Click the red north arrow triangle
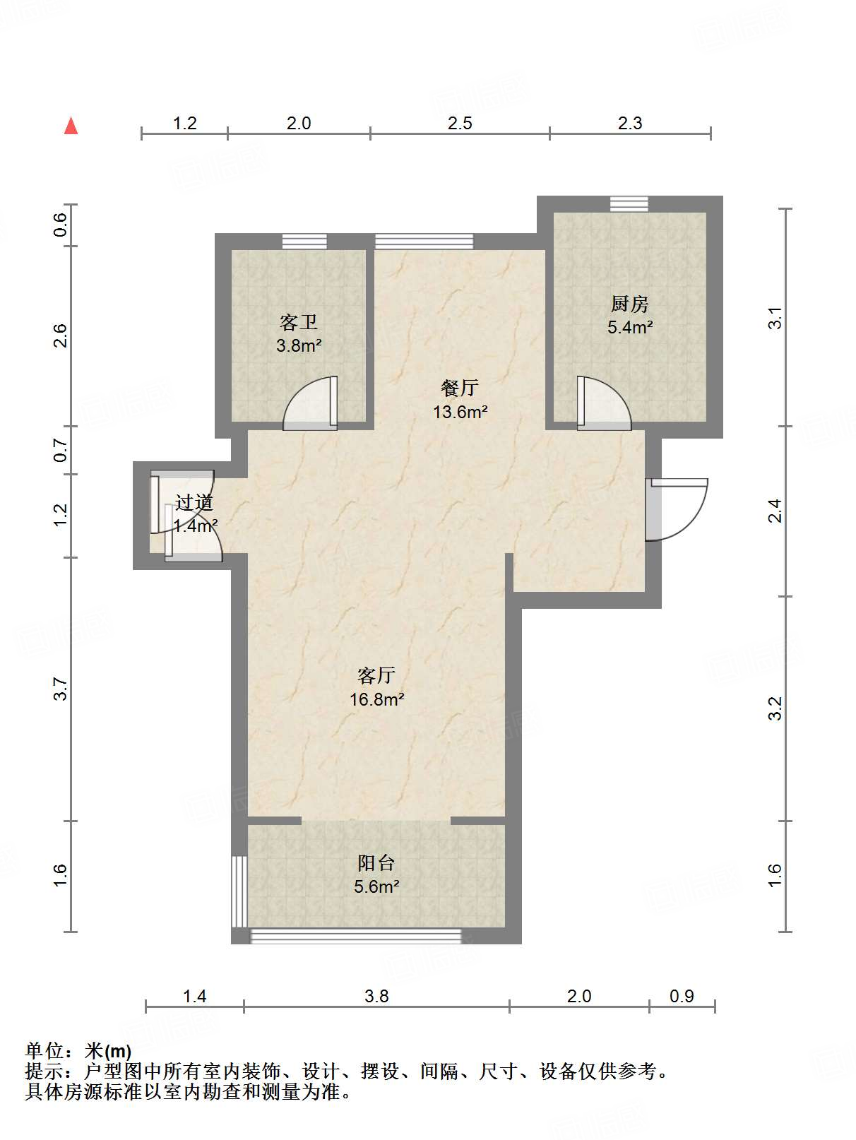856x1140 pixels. [x=71, y=126]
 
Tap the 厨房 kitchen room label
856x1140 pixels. [x=630, y=304]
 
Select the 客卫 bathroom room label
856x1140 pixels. [x=299, y=323]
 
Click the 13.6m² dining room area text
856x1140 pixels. [x=460, y=412]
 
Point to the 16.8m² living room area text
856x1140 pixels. [x=376, y=699]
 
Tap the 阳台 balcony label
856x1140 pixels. [x=376, y=862]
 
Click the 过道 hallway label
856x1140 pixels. [x=194, y=502]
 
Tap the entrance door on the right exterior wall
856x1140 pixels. [x=677, y=509]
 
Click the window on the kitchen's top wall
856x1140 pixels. [x=629, y=204]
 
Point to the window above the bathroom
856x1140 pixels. [x=304, y=242]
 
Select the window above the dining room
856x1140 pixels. [x=424, y=242]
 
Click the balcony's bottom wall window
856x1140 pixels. [x=355, y=936]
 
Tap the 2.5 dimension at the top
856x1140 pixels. [x=460, y=123]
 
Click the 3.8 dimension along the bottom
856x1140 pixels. [x=376, y=996]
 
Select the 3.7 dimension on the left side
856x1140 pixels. [x=61, y=689]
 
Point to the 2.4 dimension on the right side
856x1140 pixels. [x=775, y=511]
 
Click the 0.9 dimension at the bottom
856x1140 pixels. [x=682, y=996]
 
